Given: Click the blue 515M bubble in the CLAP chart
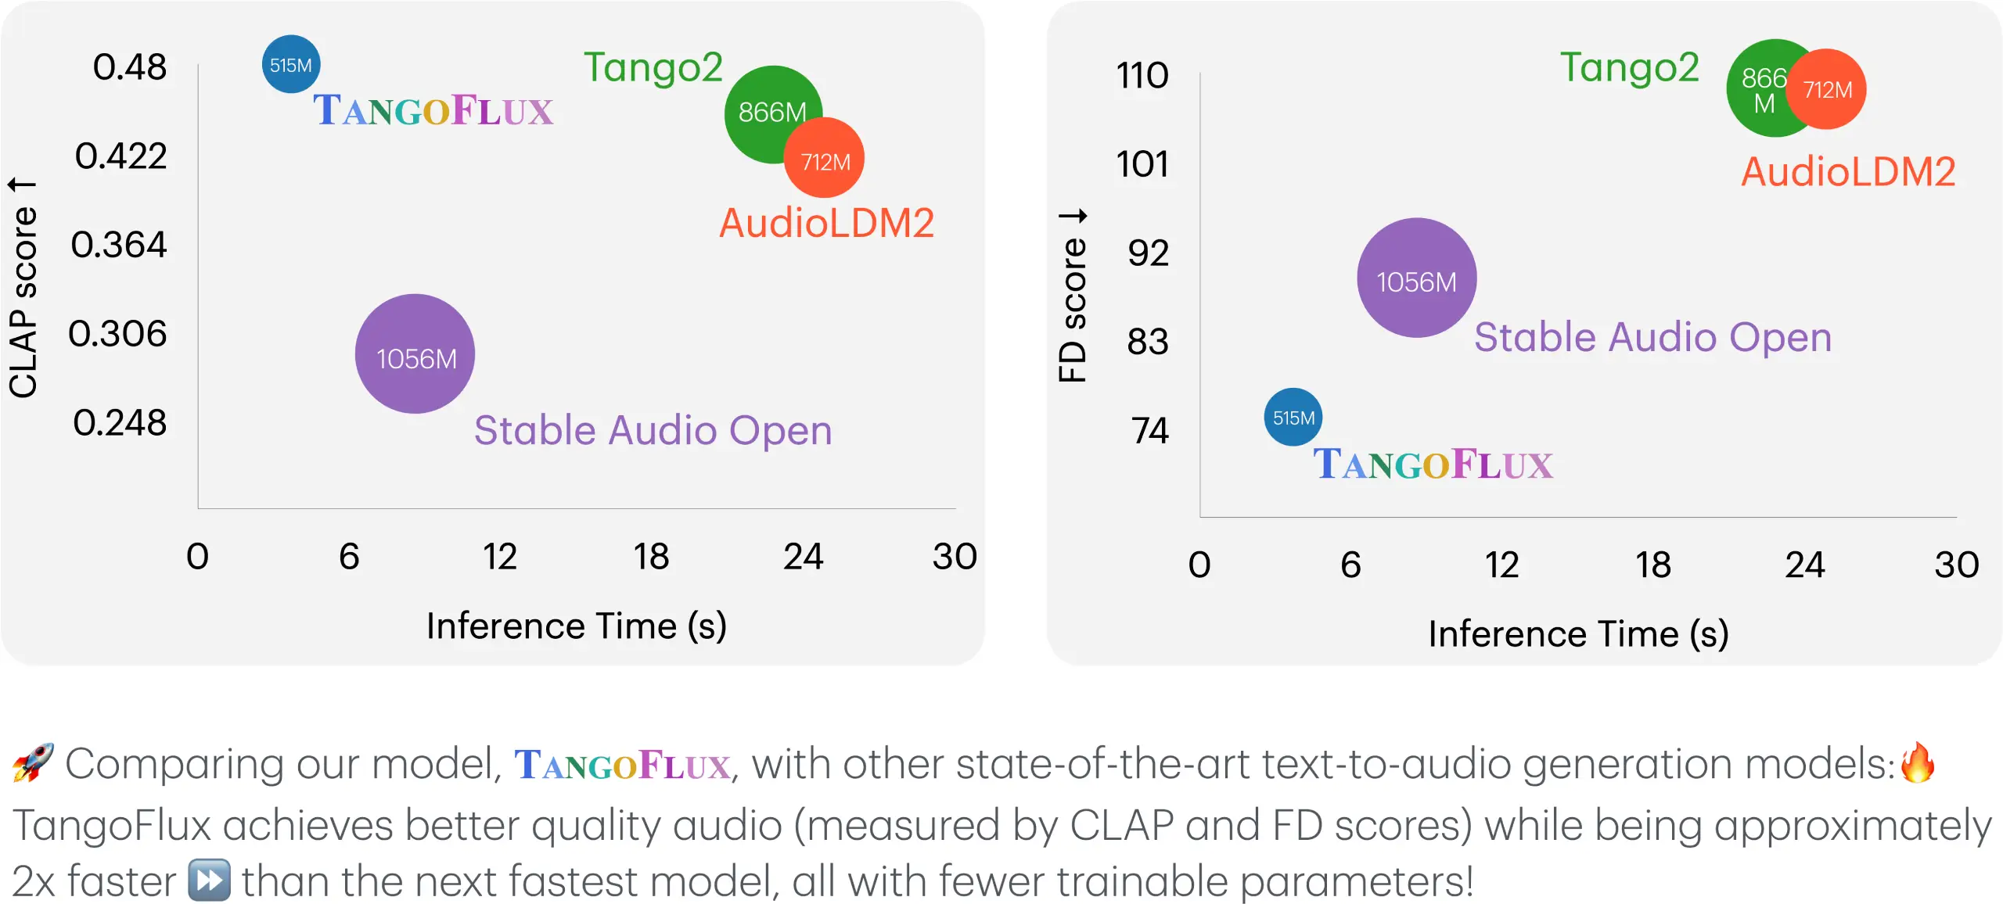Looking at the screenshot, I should pos(290,64).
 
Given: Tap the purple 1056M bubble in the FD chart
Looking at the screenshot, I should pos(1416,278).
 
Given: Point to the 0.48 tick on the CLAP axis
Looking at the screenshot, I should pos(130,67).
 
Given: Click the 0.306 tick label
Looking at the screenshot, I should pos(118,334).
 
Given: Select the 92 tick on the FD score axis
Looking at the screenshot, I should pos(1148,253).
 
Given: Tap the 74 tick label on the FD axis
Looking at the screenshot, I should pos(1149,431).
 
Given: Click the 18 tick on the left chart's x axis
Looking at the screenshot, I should pos(651,557).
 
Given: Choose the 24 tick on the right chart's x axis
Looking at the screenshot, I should pos(1804,565).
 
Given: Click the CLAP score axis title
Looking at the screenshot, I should pos(23,289).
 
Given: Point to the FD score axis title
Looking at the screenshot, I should pos(1073,297).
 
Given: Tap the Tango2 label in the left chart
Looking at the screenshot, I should pos(653,68).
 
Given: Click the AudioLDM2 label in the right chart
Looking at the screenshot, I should pos(1848,172).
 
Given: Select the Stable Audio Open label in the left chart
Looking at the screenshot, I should pos(653,431).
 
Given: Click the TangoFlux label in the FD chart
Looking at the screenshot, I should pos(1433,465).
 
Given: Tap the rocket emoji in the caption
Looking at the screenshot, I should pos(33,763).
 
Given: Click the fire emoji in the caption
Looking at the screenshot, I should pos(1918,763).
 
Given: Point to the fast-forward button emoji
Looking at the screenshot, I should pos(209,881).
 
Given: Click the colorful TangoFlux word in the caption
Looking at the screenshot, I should pos(623,765).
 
